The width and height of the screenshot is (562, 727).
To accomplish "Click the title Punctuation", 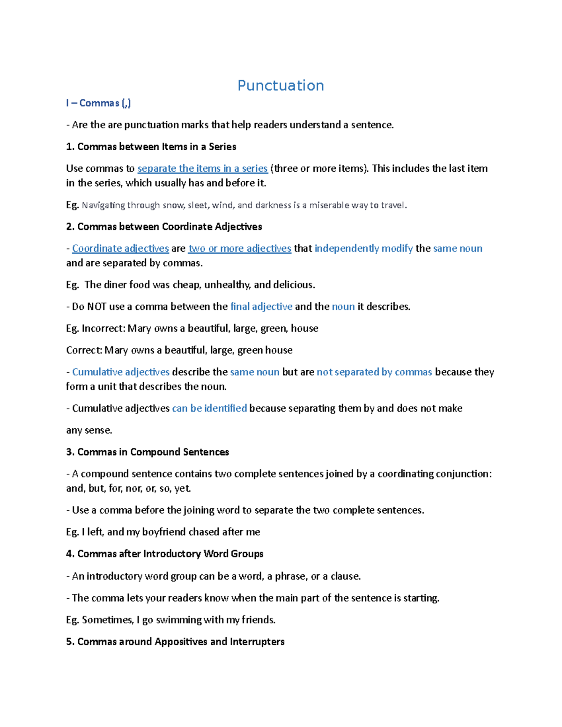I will point(281,86).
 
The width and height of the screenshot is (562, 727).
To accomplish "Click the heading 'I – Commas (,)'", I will point(98,103).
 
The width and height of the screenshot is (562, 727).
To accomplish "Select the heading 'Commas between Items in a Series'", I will point(156,147).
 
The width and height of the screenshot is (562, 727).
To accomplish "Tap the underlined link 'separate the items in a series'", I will point(202,169).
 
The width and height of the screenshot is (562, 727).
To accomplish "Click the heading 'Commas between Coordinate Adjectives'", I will point(170,227).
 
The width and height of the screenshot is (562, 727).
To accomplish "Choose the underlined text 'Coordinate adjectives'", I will point(120,249).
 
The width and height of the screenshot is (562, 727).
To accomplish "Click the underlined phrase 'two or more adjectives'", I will point(240,249).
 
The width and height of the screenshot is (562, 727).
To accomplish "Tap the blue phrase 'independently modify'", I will point(363,249).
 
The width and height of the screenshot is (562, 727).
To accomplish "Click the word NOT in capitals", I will point(96,307).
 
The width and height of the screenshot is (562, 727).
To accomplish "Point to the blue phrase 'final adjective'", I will point(261,307).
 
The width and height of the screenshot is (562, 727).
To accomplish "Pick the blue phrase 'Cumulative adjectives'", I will point(121,372).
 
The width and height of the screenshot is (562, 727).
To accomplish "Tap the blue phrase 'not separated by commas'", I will point(374,372).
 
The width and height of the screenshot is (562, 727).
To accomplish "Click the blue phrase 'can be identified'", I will point(209,408).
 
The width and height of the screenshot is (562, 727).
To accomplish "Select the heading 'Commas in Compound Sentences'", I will point(153,452).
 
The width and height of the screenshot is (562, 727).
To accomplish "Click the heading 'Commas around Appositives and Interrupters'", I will point(181,642).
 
